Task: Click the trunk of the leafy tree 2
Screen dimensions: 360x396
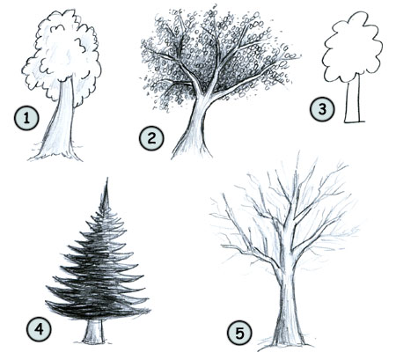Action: pos(194,132)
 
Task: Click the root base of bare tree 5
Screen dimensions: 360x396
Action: pos(285,342)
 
